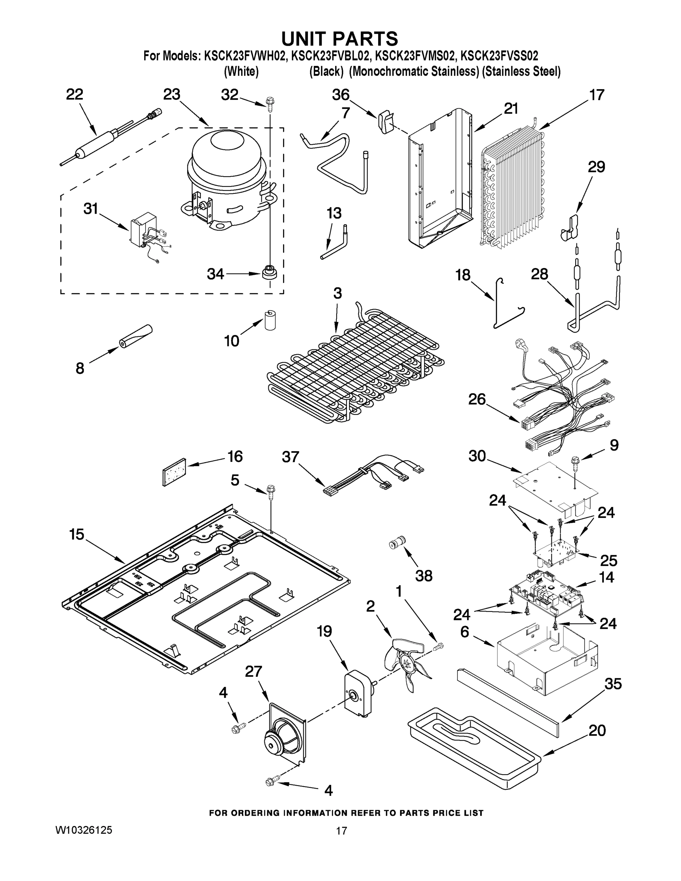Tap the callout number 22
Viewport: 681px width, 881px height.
[74, 94]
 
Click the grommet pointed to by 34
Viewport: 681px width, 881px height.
[268, 273]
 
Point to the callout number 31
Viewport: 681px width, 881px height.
[91, 209]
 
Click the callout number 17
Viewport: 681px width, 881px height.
[597, 95]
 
